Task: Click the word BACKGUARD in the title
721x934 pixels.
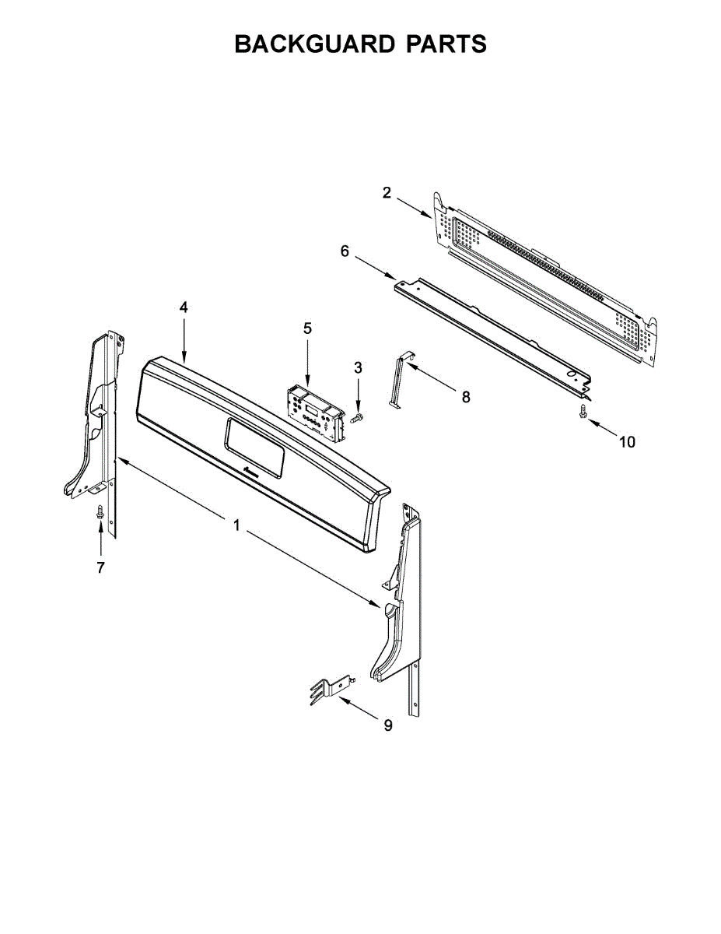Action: point(314,44)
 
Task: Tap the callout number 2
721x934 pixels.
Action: point(387,193)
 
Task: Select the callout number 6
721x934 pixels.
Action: point(345,251)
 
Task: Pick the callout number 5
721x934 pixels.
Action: point(307,328)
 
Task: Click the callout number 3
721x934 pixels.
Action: point(358,367)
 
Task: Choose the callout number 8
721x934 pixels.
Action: point(466,397)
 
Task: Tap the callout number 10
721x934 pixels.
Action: point(627,441)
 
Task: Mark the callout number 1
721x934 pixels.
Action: point(236,525)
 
